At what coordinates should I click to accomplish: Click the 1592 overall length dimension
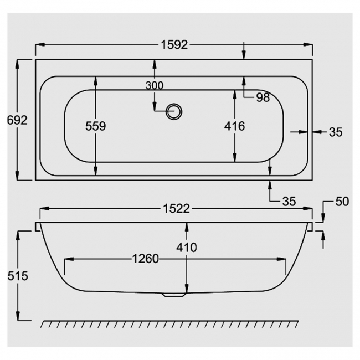[176, 45]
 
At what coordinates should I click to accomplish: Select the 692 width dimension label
[17, 120]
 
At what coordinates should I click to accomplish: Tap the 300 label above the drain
[155, 85]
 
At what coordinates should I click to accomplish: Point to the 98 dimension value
[263, 97]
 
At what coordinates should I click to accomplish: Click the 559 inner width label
[95, 126]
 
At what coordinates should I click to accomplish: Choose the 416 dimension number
[234, 126]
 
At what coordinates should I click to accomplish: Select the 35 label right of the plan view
[336, 132]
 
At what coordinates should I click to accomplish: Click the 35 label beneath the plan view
[289, 201]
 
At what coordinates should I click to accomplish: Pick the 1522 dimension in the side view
[176, 209]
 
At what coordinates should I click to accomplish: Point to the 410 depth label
[187, 248]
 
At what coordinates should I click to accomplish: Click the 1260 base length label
[145, 259]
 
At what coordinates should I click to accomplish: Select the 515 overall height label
[18, 276]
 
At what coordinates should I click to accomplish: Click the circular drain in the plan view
[174, 111]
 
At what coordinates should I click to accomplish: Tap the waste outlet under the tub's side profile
[175, 296]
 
